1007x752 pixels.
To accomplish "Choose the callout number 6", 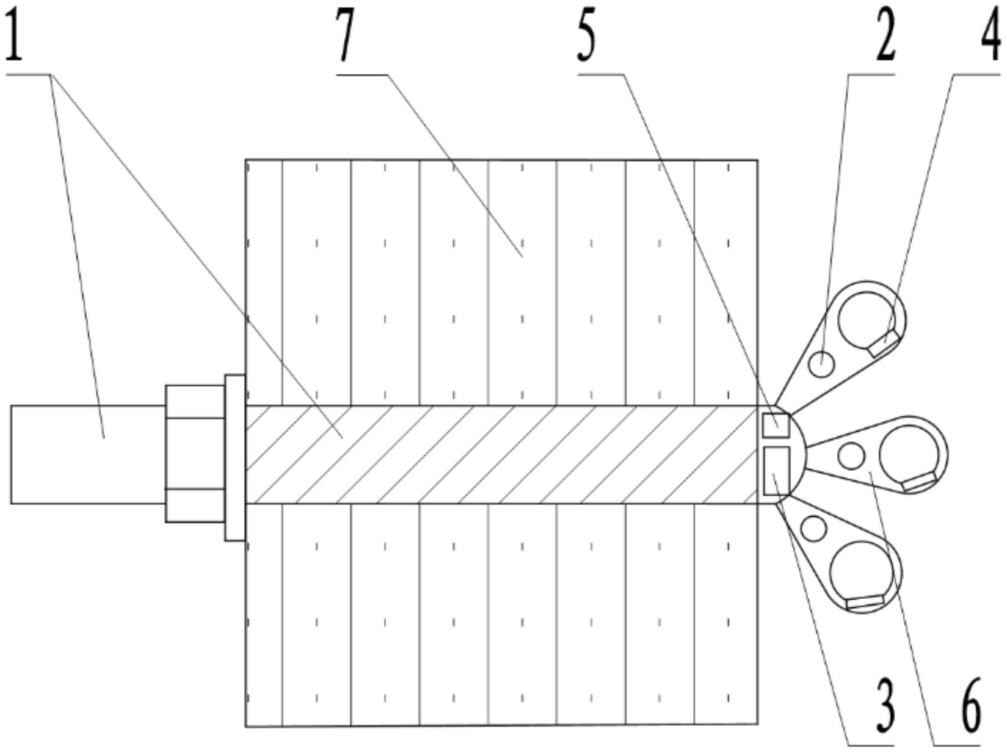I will point(969,710).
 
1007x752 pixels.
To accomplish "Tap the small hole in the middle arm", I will point(852,456).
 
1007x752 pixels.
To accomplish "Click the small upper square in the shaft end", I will point(776,425).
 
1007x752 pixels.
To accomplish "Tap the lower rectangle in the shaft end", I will point(776,470).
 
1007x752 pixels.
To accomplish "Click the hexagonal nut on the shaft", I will point(195,453).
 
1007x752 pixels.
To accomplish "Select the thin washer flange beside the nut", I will point(235,458).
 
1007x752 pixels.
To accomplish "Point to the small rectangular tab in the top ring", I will point(883,344).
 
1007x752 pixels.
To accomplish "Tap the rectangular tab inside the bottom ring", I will point(865,601).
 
